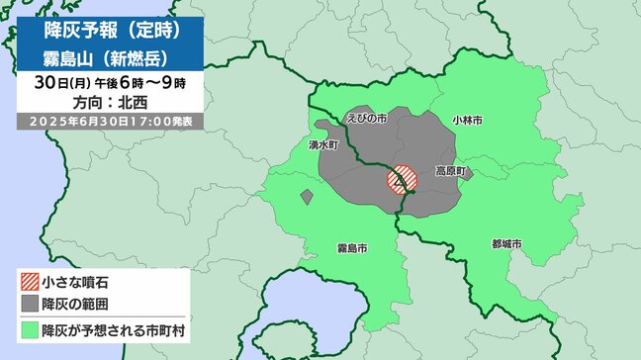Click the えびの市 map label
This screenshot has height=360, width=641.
point(366,118)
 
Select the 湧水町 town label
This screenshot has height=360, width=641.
point(323,143)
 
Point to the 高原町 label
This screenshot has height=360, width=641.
point(450,171)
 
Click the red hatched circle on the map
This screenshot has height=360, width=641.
point(401,178)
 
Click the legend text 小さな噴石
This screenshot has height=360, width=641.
point(71,280)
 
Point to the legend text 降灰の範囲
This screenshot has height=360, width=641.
point(71,301)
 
